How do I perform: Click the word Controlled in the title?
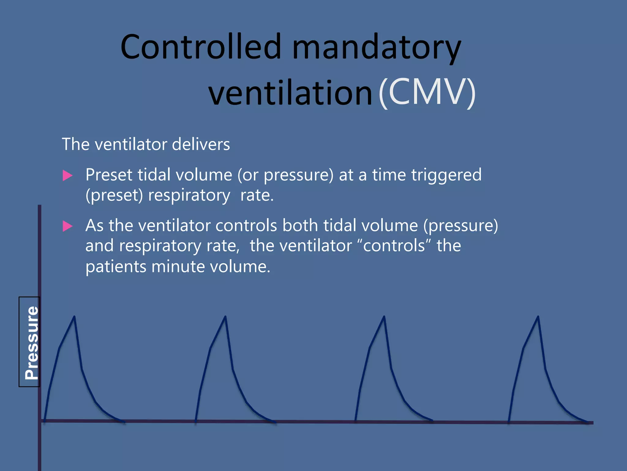coord(201,47)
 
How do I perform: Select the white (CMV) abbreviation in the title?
coord(427,92)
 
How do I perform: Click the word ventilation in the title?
coord(290,92)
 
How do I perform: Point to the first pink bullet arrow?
coord(67,176)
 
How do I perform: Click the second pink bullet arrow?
coord(67,226)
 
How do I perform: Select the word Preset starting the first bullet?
coord(109,175)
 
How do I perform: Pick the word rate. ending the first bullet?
coord(257,195)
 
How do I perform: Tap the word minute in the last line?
coord(178,266)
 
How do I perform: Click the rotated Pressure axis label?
coord(31,342)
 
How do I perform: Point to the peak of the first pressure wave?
coord(74,317)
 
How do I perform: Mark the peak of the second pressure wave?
coord(225,317)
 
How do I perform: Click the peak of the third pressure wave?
coord(384,317)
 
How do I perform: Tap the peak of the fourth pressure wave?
coord(538,317)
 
